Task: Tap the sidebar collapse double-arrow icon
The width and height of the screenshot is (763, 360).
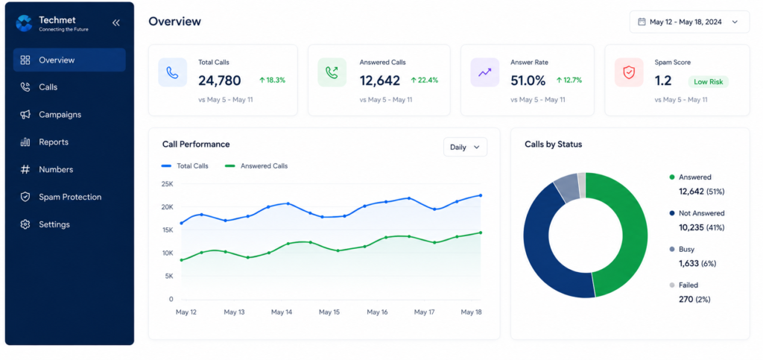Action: pyautogui.click(x=115, y=22)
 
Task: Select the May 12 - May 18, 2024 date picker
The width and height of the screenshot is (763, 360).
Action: pyautogui.click(x=689, y=22)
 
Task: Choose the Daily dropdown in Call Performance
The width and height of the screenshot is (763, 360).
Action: pyautogui.click(x=465, y=147)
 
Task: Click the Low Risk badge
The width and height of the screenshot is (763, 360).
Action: pyautogui.click(x=708, y=82)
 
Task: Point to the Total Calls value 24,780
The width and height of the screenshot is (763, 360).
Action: pyautogui.click(x=220, y=80)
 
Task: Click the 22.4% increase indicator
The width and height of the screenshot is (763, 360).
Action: pyautogui.click(x=424, y=80)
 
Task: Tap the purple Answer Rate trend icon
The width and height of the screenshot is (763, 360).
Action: pyautogui.click(x=484, y=72)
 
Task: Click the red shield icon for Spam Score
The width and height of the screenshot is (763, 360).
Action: pyautogui.click(x=629, y=72)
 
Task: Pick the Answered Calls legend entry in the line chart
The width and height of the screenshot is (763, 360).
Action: pyautogui.click(x=256, y=166)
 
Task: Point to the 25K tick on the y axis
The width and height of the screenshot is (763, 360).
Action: pyautogui.click(x=167, y=184)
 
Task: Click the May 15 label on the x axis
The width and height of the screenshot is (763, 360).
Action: pyautogui.click(x=329, y=312)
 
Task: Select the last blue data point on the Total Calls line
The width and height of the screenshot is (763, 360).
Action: pyautogui.click(x=481, y=195)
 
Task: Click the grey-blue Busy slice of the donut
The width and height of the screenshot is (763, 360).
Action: pyautogui.click(x=566, y=188)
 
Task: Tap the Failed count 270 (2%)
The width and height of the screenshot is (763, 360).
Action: pyautogui.click(x=695, y=299)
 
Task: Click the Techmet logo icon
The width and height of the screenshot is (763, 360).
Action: pyautogui.click(x=24, y=23)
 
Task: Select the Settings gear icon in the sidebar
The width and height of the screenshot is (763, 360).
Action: pyautogui.click(x=25, y=224)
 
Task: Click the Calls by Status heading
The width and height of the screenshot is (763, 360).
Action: pyautogui.click(x=554, y=145)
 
